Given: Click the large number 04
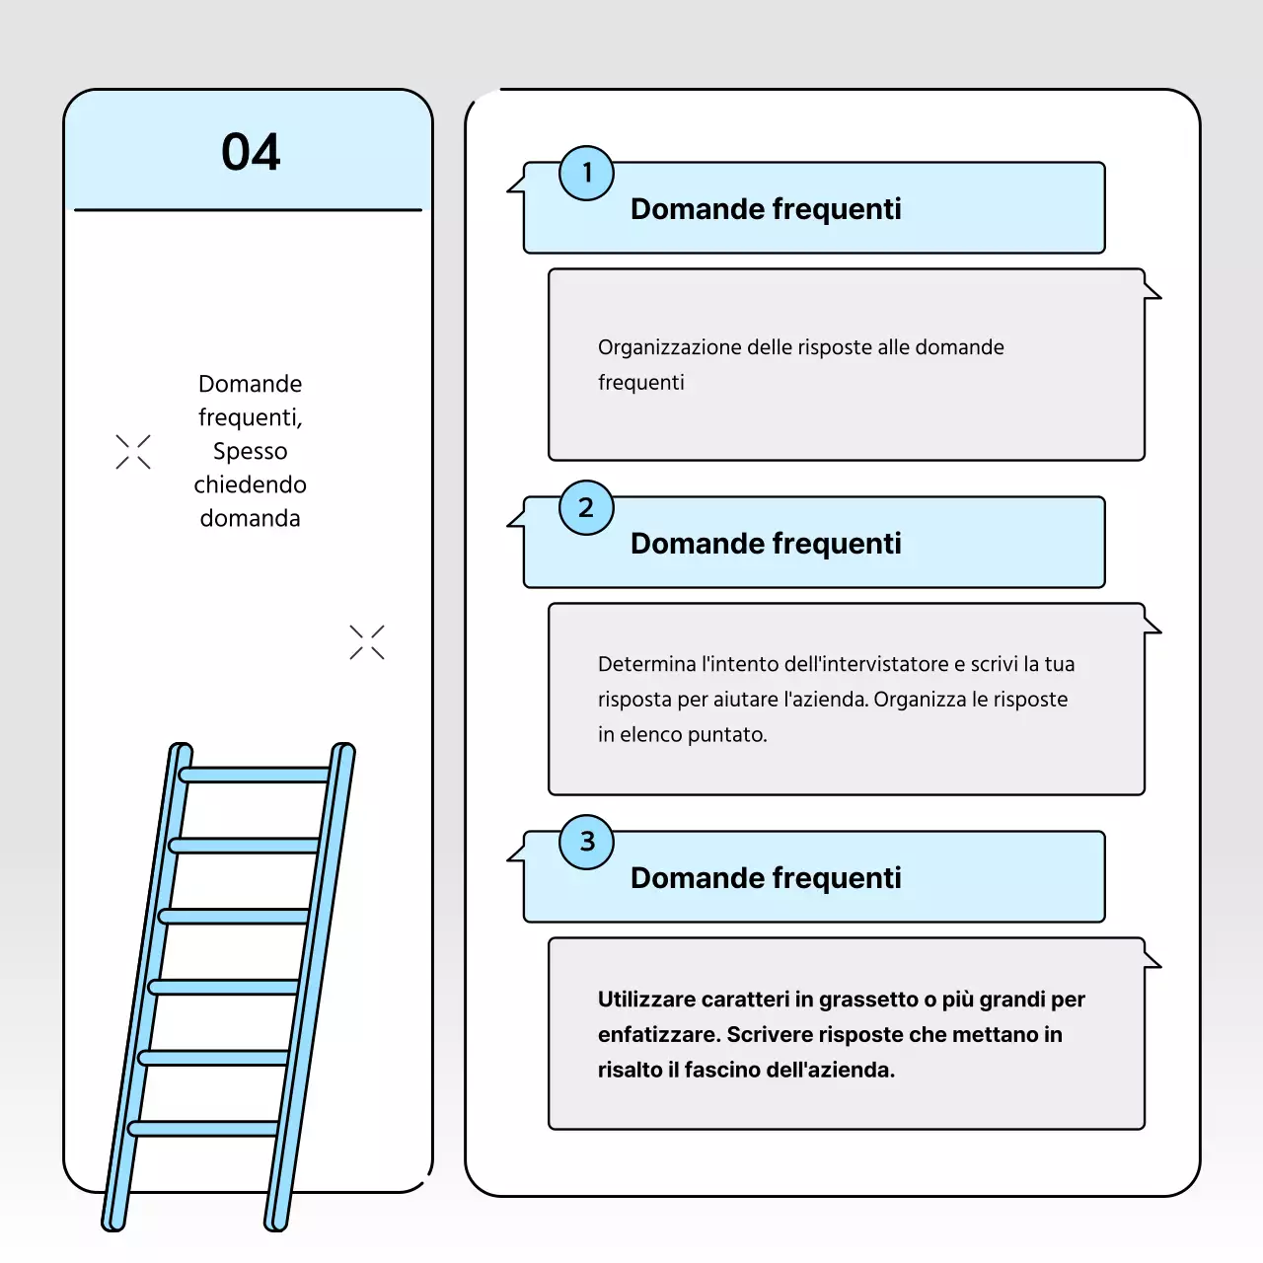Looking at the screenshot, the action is point(251,152).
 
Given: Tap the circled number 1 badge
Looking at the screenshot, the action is point(586,173).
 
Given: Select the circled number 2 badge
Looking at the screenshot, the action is point(586,508).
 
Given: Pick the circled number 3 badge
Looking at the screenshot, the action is point(586,843).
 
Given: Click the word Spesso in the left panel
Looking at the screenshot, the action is point(251,452).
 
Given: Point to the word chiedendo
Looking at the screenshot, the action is point(251,484).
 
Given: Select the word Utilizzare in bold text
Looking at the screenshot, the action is point(646,999).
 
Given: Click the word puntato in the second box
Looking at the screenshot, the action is point(727,735).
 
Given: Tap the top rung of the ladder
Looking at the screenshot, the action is point(255,775).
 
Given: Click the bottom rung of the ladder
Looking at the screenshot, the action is point(203,1128).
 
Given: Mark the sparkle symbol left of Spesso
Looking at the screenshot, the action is point(133,452).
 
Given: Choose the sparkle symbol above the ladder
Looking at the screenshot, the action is point(367,641).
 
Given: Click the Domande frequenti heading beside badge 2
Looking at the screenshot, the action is point(766,544).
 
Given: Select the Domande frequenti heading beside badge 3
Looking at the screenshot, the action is point(766,877).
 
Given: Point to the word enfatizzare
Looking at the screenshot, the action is point(659,1034).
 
